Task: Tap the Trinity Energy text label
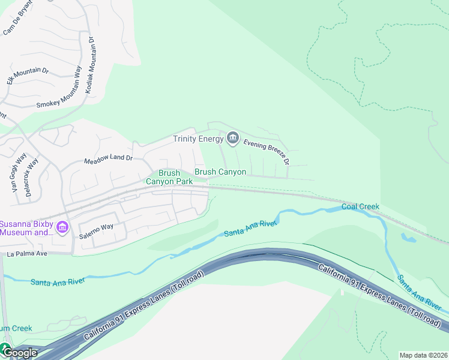click(x=198, y=139)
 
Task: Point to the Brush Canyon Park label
click(x=169, y=177)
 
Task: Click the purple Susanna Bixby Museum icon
click(x=62, y=227)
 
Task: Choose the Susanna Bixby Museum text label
click(x=26, y=227)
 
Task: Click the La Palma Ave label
click(x=27, y=254)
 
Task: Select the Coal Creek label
click(x=360, y=206)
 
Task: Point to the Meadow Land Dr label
click(x=108, y=159)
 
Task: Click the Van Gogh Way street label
click(x=19, y=172)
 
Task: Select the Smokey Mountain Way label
click(x=59, y=95)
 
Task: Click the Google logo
click(x=19, y=352)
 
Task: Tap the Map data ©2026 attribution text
click(x=423, y=355)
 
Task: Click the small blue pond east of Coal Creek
click(x=408, y=238)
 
